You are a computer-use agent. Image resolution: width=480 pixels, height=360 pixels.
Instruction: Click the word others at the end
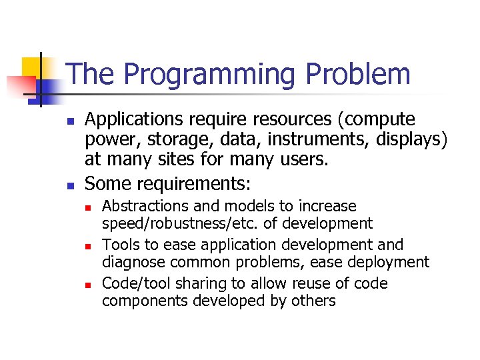[x=313, y=301]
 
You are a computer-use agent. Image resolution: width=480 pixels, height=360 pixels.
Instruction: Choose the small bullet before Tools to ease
[x=88, y=246]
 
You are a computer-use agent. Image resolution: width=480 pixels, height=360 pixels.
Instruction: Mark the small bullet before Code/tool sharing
[x=88, y=285]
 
